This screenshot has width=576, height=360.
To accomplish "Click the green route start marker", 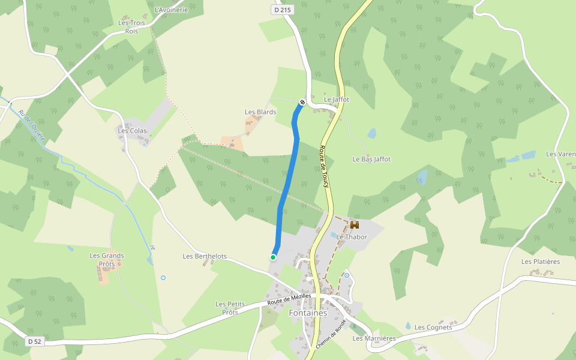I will [273, 257].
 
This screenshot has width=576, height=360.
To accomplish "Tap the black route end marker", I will [302, 102].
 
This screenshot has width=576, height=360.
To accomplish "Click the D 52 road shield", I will [34, 341].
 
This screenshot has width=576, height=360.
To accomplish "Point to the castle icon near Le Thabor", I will [355, 226].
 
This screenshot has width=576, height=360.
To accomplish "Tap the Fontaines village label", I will [308, 313].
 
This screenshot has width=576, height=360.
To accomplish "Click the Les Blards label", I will [260, 112].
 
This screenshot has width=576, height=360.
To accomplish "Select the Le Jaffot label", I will [337, 100].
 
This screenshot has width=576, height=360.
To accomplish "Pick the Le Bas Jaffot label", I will [371, 160].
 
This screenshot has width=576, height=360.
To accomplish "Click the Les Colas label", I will [132, 131].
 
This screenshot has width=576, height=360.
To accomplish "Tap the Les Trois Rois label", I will [132, 27].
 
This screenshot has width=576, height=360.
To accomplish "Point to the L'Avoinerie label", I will [171, 10].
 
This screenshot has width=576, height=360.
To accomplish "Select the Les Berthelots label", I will [205, 256].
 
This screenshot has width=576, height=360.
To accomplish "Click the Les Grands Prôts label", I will [107, 260].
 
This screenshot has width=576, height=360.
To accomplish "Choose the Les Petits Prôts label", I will [230, 308].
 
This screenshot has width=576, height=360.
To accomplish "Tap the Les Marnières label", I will [374, 338].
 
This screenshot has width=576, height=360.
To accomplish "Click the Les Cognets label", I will [433, 328].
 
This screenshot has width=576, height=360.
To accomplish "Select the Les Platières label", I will [541, 262].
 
